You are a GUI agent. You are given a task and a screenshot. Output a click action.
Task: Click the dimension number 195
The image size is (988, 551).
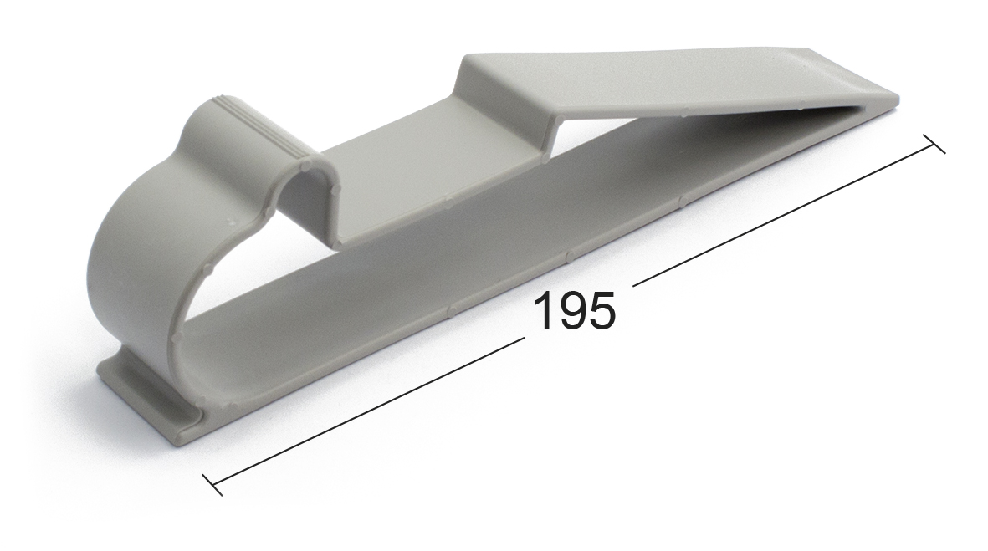[574, 310]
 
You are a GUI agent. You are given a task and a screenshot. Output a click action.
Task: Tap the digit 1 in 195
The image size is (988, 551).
[545, 310]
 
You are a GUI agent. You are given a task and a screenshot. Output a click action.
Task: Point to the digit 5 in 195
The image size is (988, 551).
[602, 310]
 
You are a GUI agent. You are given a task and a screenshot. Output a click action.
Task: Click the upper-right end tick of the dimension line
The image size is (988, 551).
[934, 144]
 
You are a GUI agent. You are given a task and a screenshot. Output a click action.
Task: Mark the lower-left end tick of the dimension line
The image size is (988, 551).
[212, 484]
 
